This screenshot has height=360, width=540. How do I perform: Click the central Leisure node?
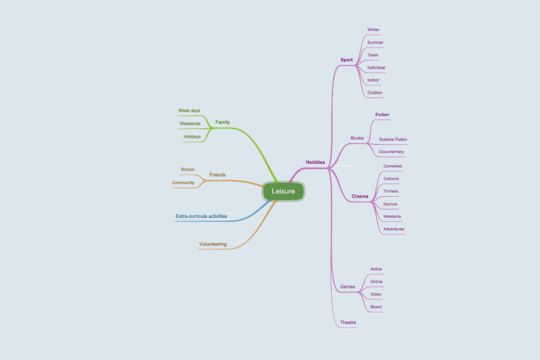pyautogui.click(x=283, y=191)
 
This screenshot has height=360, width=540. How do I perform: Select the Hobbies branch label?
pyautogui.click(x=315, y=162)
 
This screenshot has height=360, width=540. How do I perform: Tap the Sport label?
pyautogui.click(x=346, y=60)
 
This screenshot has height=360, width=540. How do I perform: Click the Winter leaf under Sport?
pyautogui.click(x=373, y=30)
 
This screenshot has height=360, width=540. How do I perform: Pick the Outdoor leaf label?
pyautogui.click(x=375, y=93)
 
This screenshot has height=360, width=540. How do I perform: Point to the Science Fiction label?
pyautogui.click(x=393, y=139)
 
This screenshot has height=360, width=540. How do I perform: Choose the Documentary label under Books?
pyautogui.click(x=391, y=152)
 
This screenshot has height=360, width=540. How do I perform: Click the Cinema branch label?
pyautogui.click(x=360, y=196)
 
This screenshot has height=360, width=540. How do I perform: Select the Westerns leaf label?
pyautogui.click(x=392, y=217)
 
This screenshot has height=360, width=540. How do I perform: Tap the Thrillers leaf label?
pyautogui.click(x=391, y=191)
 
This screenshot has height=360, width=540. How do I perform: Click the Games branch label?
pyautogui.click(x=348, y=287)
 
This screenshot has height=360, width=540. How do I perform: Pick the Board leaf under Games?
pyautogui.click(x=375, y=307)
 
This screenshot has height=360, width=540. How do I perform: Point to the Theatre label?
pyautogui.click(x=348, y=323)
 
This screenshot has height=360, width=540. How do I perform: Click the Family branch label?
pyautogui.click(x=223, y=122)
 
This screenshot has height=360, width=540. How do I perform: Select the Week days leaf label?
pyautogui.click(x=189, y=111)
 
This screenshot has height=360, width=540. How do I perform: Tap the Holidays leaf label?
pyautogui.click(x=192, y=137)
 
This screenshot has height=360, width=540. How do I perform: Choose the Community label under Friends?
pyautogui.click(x=183, y=183)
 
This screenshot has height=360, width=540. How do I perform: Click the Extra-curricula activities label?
pyautogui.click(x=201, y=216)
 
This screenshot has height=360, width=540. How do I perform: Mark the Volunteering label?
pyautogui.click(x=213, y=244)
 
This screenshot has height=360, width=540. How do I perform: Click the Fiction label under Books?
pyautogui.click(x=382, y=114)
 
